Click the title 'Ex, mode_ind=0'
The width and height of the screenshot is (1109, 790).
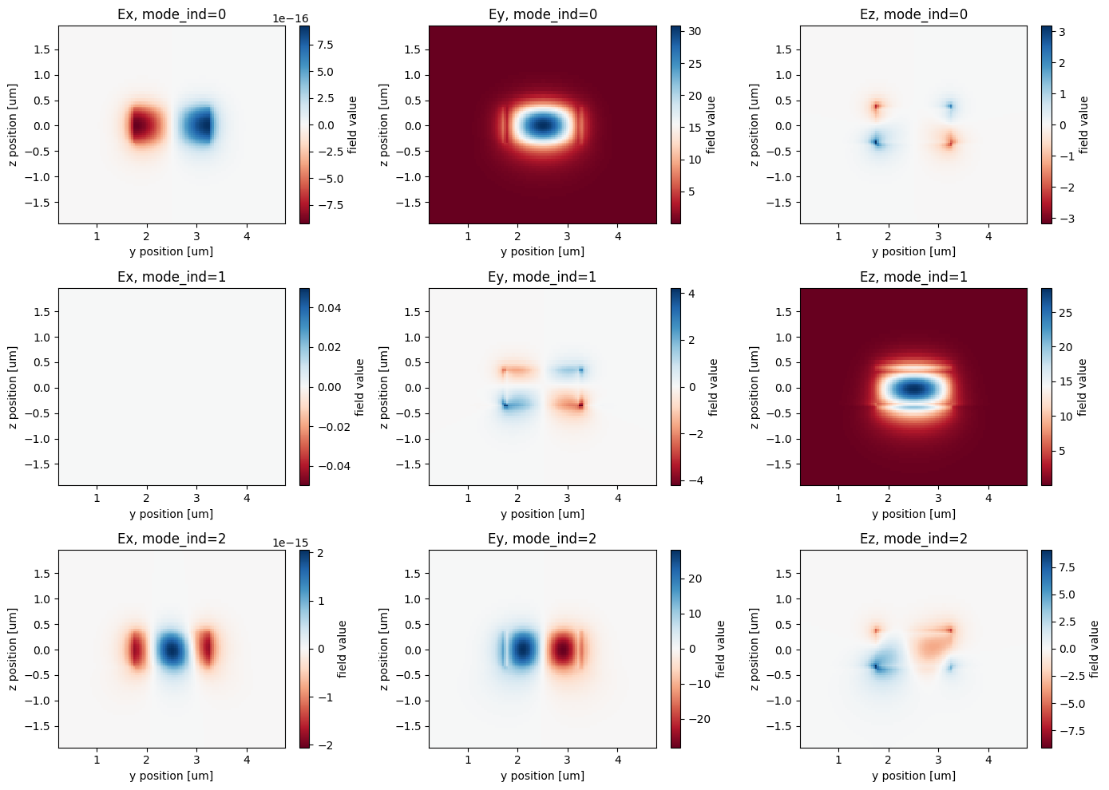pyautogui.click(x=172, y=14)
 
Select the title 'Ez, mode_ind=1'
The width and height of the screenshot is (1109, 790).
pyautogui.click(x=913, y=277)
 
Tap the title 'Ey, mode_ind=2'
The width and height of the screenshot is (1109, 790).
pyautogui.click(x=542, y=539)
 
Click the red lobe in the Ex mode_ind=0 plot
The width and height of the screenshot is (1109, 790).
pyautogui.click(x=145, y=126)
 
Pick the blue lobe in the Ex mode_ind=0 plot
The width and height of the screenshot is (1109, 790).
pyautogui.click(x=196, y=126)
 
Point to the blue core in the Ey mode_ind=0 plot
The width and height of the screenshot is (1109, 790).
pyautogui.click(x=543, y=125)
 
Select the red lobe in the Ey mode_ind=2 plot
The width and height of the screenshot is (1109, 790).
pyautogui.click(x=564, y=650)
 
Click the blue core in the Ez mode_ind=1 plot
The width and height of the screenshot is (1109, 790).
pyautogui.click(x=914, y=389)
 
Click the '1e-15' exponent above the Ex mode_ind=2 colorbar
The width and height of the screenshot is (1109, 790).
pyautogui.click(x=291, y=543)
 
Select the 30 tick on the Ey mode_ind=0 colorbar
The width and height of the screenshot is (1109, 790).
pyautogui.click(x=695, y=32)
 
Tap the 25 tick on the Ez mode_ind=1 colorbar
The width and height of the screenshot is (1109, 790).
pyautogui.click(x=1065, y=313)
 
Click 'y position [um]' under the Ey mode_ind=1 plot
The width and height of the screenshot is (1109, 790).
pyautogui.click(x=542, y=514)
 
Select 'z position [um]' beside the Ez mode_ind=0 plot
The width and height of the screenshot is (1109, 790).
pyautogui.click(x=754, y=125)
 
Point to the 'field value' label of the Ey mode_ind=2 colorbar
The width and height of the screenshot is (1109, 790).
pyautogui.click(x=721, y=649)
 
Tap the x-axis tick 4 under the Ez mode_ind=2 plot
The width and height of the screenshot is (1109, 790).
pyautogui.click(x=988, y=760)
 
